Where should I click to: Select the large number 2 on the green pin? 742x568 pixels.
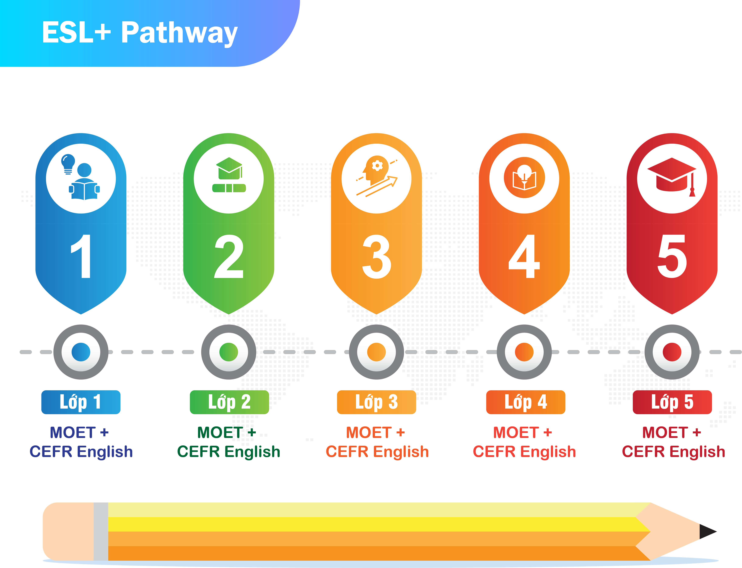tap(229, 256)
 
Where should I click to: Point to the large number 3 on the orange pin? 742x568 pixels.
tap(377, 256)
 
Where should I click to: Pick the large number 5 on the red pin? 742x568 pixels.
tap(672, 256)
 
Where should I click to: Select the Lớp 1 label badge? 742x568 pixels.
tap(81, 402)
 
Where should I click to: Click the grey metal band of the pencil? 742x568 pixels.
tap(101, 531)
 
